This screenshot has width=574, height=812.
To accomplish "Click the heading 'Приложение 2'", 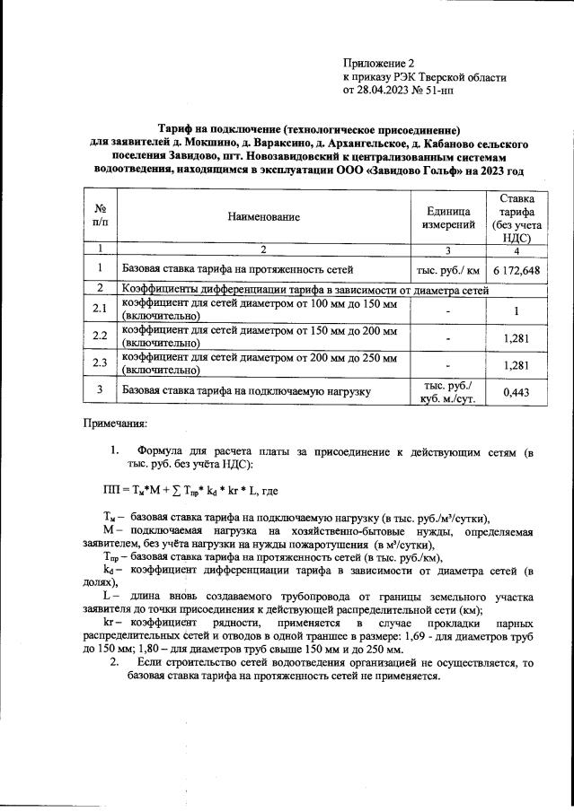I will tap(379, 63).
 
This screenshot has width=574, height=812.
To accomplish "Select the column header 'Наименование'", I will tap(262, 216).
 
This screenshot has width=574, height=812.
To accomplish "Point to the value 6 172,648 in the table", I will tap(516, 268).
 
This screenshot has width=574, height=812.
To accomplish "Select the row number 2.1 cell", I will tap(100, 310).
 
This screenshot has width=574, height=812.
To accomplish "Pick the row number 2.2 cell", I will tap(100, 336).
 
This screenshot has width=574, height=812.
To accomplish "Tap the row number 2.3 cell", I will tap(100, 363).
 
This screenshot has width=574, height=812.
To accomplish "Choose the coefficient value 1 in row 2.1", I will tap(516, 310).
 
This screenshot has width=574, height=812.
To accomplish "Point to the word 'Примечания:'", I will tap(114, 422).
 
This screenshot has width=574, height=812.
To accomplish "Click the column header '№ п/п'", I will tap(100, 216).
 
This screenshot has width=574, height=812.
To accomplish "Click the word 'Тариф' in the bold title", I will tap(172, 130).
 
